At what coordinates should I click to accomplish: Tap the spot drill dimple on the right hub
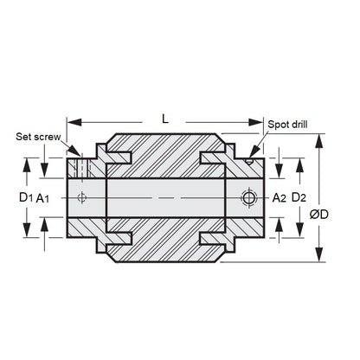pos(249,159)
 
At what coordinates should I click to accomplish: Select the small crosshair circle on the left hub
pos(83,198)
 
